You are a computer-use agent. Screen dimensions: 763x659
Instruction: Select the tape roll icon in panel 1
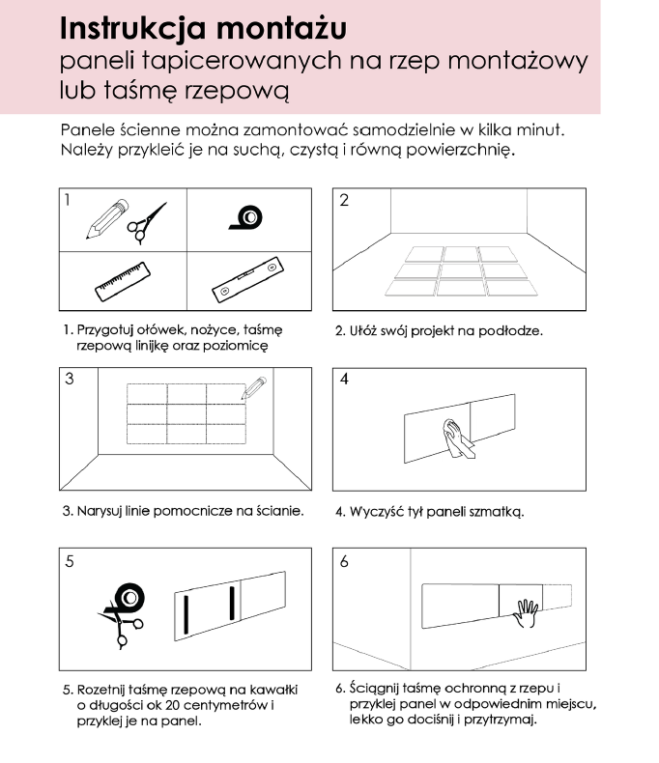coord(248,219)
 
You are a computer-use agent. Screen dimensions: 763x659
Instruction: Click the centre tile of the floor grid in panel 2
coord(459,270)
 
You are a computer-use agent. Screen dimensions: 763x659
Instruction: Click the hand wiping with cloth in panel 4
coord(454,437)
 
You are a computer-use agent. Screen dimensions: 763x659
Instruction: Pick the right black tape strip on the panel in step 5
coord(232,602)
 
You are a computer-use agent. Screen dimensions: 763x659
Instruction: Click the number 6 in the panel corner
coord(344,561)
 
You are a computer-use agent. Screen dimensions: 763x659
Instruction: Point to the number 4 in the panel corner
coord(344,380)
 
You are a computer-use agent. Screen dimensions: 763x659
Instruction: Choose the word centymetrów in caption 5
coord(224,705)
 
